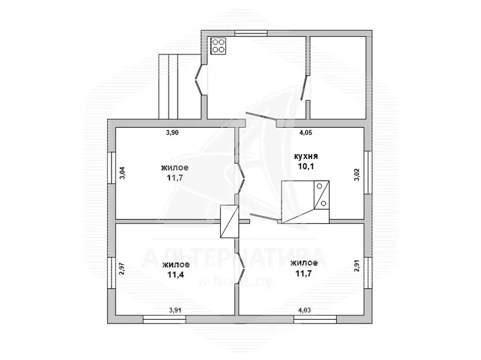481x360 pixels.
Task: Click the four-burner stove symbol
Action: pyautogui.click(x=219, y=46)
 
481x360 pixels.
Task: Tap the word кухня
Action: pyautogui.click(x=306, y=156)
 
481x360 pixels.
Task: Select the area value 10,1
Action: pyautogui.click(x=306, y=166)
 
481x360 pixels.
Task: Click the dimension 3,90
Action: pyautogui.click(x=172, y=133)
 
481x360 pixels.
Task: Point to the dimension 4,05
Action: pyautogui.click(x=305, y=133)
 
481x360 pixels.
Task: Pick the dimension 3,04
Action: pyautogui.click(x=122, y=173)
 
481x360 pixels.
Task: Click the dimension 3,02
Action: pyautogui.click(x=357, y=175)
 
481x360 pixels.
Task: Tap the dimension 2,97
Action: pyautogui.click(x=122, y=268)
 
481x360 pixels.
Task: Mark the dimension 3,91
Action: pyautogui.click(x=175, y=311)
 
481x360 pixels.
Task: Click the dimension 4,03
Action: pyautogui.click(x=304, y=311)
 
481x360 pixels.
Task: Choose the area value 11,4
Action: pyautogui.click(x=176, y=275)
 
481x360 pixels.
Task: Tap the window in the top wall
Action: pyautogui.click(x=251, y=33)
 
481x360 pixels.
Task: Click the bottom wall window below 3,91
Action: pyautogui.click(x=164, y=320)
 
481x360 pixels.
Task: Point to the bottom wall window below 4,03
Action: pyautogui.click(x=315, y=320)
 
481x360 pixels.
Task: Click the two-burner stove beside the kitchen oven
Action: pyautogui.click(x=321, y=195)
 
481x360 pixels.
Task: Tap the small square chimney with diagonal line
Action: pyautogui.click(x=230, y=221)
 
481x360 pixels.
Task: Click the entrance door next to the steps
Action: pyautogui.click(x=199, y=80)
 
